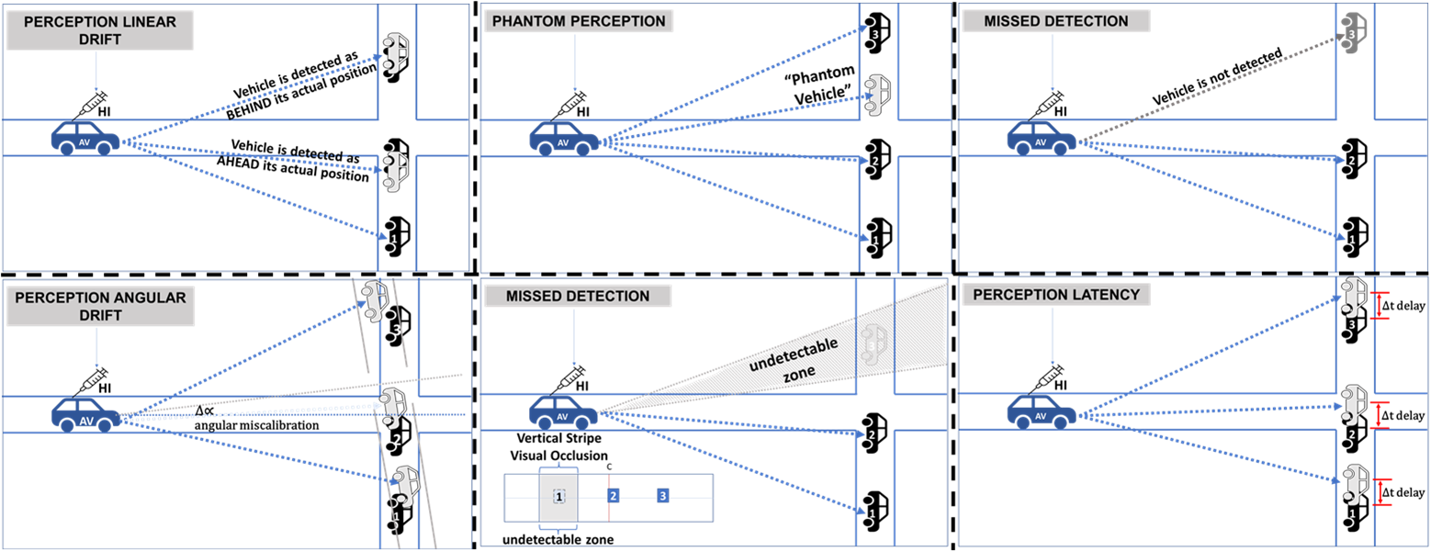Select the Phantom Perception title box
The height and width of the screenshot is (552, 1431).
(579, 20)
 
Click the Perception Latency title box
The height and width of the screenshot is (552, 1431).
(1055, 295)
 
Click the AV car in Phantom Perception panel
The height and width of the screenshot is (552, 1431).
(562, 139)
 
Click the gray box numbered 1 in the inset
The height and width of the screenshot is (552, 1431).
(558, 496)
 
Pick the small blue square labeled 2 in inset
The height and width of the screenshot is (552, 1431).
(614, 496)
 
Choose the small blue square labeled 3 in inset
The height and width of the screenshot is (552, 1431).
(662, 496)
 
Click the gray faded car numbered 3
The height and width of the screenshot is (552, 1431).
(1354, 29)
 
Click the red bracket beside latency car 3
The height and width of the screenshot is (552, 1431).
(1379, 305)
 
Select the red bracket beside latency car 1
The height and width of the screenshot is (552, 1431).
(1380, 492)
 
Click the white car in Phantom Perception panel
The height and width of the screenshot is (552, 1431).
(878, 94)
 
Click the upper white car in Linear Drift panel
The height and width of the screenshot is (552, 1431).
(396, 51)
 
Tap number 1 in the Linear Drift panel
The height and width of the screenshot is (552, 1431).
(394, 239)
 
